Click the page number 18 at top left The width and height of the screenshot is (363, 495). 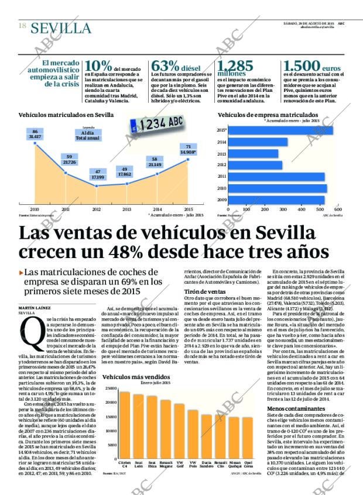pos(22,26)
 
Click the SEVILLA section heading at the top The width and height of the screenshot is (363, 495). pos(61,28)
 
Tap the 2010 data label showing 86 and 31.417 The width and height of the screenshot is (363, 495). pos(35,134)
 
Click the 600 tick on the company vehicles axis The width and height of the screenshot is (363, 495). pos(337,209)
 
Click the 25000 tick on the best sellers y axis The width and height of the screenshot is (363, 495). pos(110,389)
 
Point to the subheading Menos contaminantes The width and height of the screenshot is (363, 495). pos(293,408)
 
